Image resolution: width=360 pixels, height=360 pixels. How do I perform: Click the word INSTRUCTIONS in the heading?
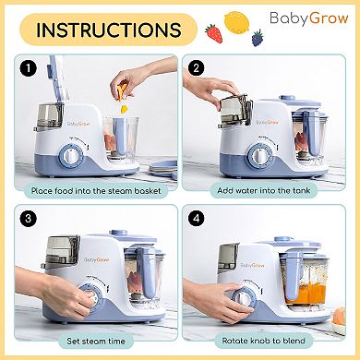(109, 30)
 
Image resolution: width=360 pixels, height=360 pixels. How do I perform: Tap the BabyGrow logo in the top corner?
(309, 18)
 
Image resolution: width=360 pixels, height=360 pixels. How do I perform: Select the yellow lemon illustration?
(236, 21)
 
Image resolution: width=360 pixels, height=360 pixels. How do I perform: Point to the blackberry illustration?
(258, 38)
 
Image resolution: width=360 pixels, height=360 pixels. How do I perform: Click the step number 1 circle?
(29, 68)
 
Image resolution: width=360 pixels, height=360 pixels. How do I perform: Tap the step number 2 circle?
(197, 68)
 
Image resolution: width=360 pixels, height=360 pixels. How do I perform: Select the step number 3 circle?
(29, 219)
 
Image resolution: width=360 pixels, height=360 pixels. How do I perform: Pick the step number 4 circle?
(197, 219)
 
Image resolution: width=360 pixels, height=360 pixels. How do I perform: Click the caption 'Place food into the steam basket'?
(96, 191)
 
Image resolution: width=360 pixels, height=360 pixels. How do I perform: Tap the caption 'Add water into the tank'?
(264, 190)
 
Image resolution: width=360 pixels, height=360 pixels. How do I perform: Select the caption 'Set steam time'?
(96, 341)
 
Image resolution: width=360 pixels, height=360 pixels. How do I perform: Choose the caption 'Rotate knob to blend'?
(264, 341)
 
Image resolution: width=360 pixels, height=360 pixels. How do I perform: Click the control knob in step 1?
(71, 156)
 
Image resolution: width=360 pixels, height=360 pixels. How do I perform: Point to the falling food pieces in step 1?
(123, 95)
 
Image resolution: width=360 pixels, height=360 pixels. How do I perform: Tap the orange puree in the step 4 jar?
(304, 294)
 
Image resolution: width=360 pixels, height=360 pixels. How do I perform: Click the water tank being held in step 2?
(234, 109)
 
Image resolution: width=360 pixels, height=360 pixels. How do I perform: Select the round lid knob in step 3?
(118, 233)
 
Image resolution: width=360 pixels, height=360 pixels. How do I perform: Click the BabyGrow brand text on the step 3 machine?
(97, 259)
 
